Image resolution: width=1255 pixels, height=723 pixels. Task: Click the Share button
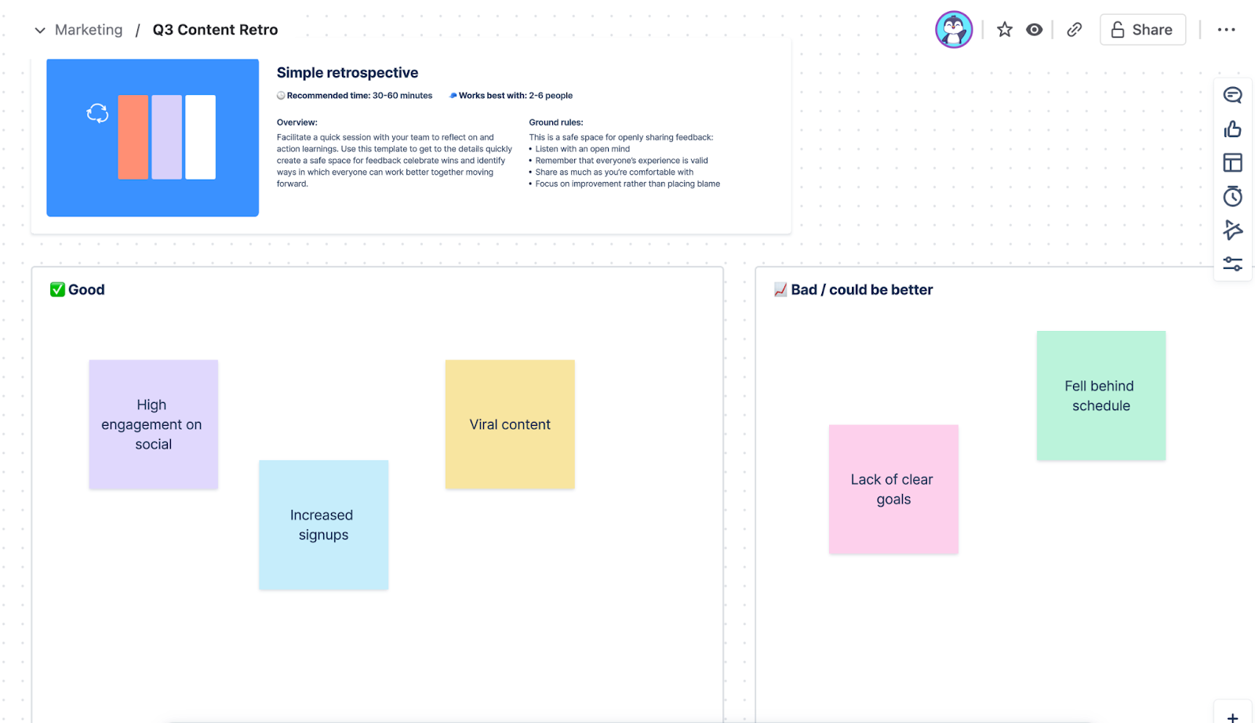tap(1142, 30)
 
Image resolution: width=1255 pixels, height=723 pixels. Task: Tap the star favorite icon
tap(1005, 30)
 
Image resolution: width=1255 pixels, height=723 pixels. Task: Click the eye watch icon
tap(1035, 30)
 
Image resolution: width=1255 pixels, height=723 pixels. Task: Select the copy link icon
tap(1074, 30)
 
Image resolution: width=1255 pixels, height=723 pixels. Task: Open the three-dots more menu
tap(1227, 30)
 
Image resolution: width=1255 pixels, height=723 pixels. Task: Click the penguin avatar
tap(954, 30)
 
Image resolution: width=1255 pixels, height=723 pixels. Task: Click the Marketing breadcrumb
tap(89, 30)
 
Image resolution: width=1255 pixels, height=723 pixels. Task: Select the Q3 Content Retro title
tap(215, 30)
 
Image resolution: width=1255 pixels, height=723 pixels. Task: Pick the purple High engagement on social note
tap(154, 424)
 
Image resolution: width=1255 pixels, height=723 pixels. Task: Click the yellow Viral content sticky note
tap(510, 424)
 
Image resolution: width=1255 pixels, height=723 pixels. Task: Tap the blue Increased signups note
tap(323, 525)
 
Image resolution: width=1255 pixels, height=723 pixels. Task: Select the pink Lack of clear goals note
tap(893, 489)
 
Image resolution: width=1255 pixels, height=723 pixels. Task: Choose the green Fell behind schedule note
tap(1101, 396)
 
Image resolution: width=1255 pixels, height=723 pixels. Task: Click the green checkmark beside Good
tap(57, 289)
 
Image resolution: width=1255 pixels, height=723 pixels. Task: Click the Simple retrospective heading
tap(347, 73)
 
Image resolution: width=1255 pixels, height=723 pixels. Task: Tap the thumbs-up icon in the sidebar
tap(1232, 129)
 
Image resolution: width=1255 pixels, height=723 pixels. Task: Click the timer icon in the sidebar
tap(1232, 196)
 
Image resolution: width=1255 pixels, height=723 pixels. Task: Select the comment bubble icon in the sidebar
tap(1232, 95)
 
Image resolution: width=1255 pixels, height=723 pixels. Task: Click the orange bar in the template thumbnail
tap(133, 137)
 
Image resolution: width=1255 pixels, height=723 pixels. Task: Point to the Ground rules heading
tap(556, 122)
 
